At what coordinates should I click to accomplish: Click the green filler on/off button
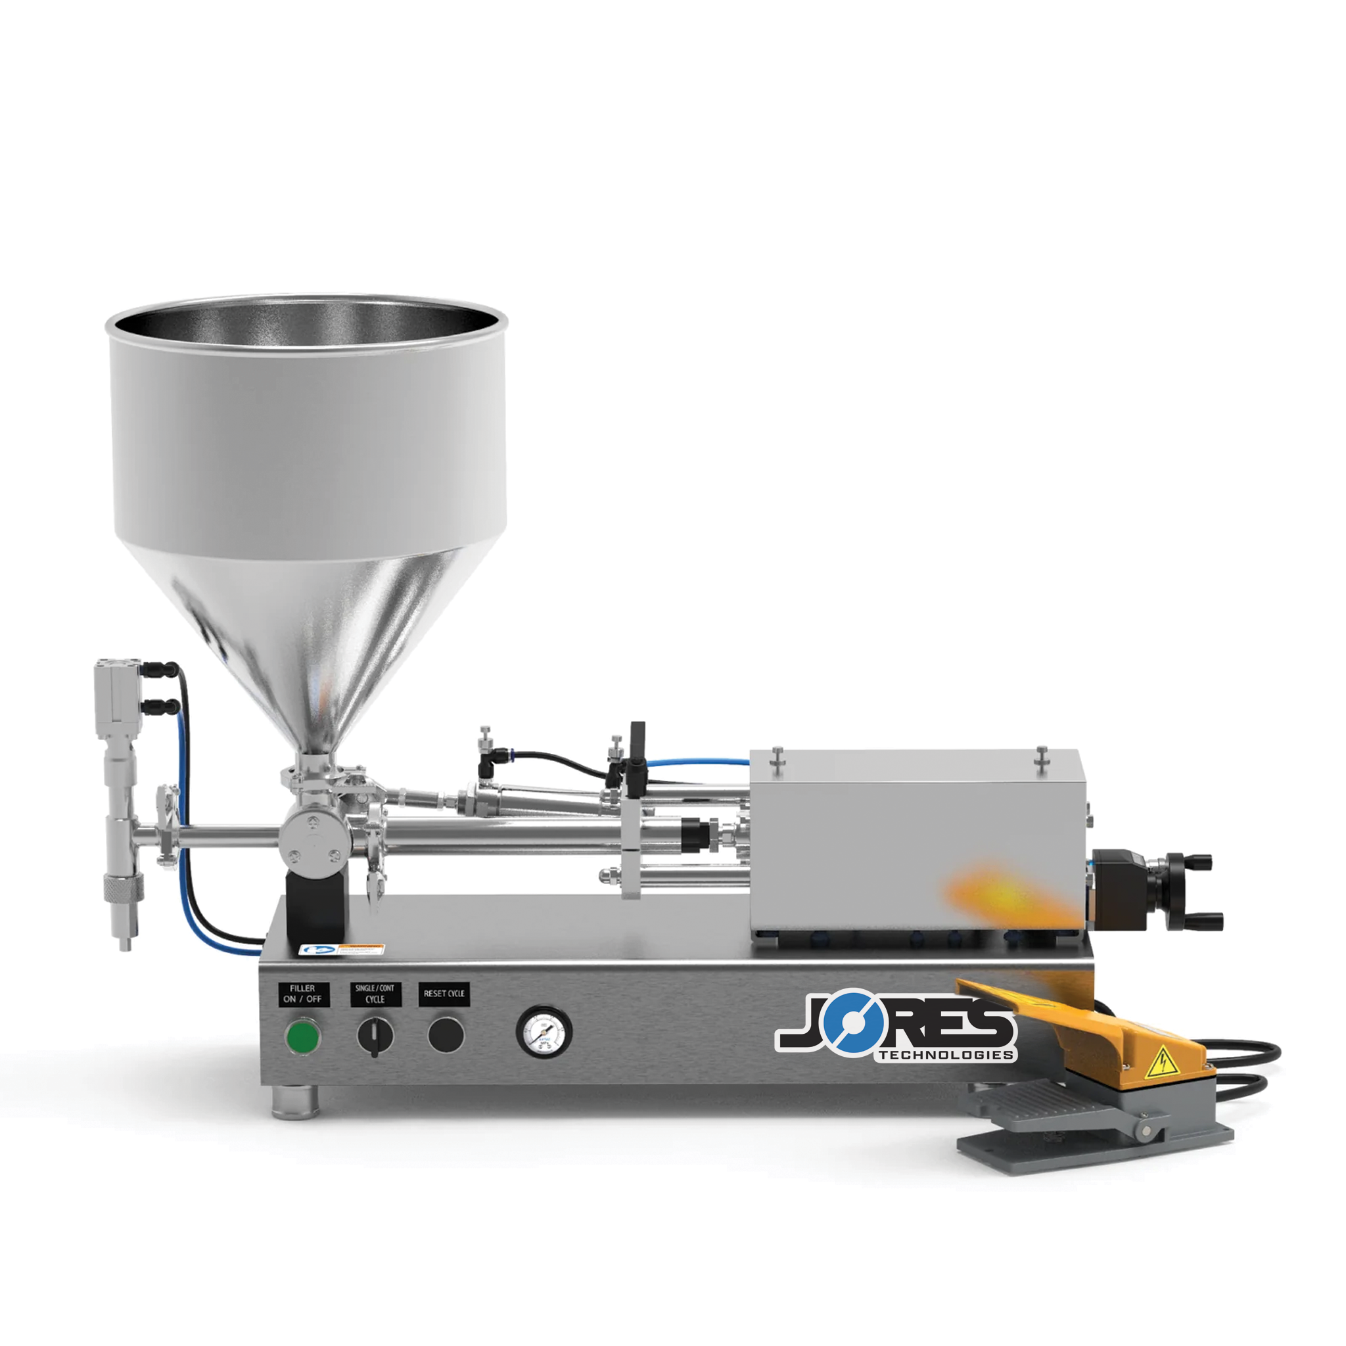pos(303,1036)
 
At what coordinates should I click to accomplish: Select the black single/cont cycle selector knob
pos(375,1036)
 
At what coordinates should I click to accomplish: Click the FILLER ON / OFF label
pos(303,994)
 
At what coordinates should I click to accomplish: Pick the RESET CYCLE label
pos(444,994)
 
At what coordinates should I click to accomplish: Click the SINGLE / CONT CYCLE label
pos(375,994)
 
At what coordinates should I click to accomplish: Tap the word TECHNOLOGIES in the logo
pos(945,1055)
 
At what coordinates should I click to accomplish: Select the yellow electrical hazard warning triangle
pos(1161,1063)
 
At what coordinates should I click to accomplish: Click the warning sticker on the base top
pos(341,950)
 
